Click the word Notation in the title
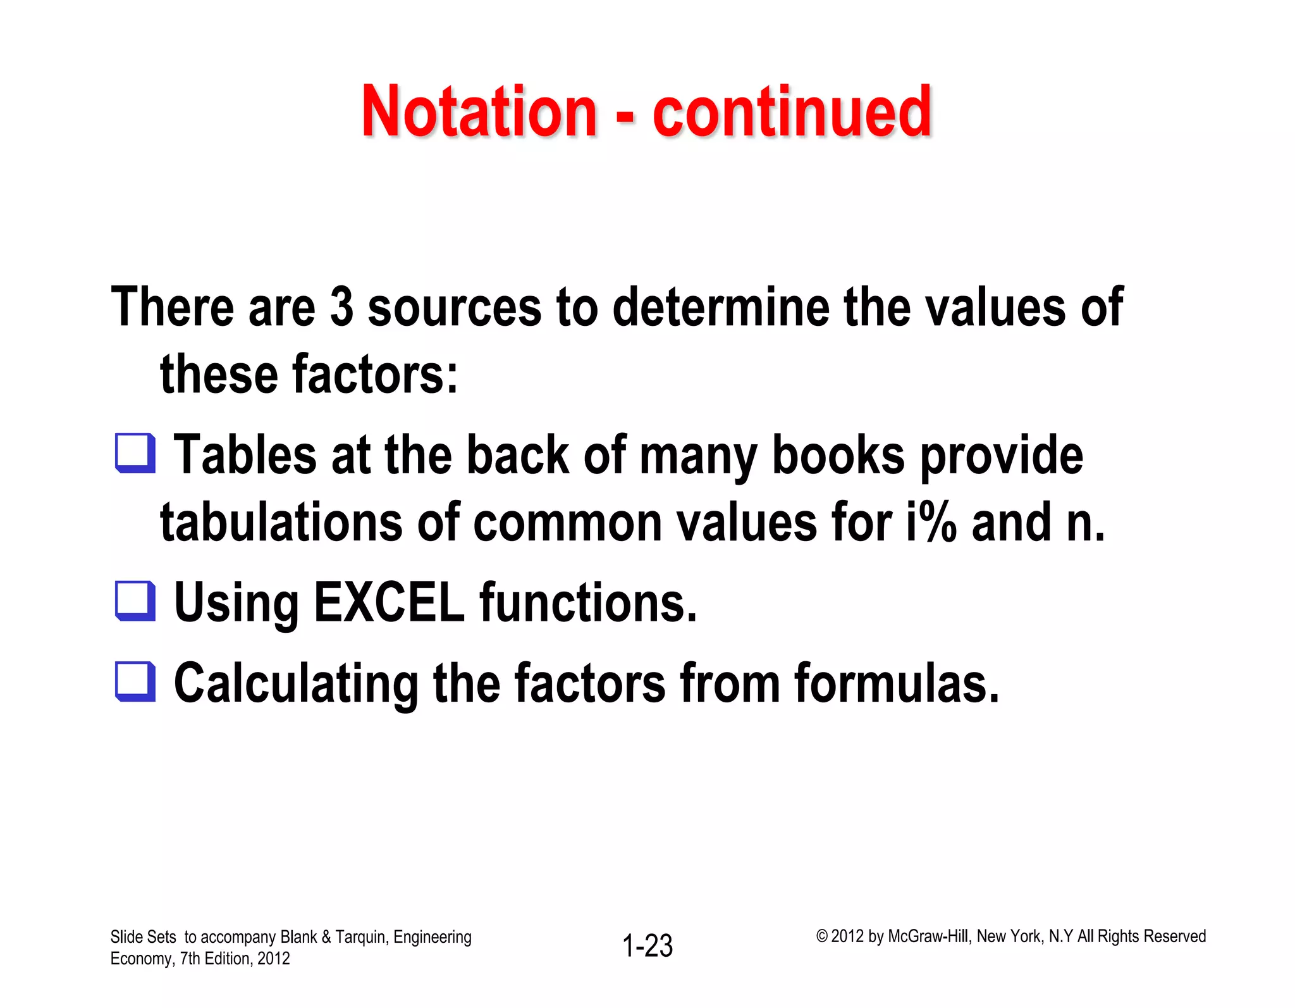[x=479, y=112]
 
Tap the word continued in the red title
[x=792, y=112]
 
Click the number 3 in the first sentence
[x=341, y=307]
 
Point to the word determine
[x=721, y=307]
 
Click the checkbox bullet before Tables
[x=135, y=453]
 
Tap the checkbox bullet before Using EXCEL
[x=135, y=601]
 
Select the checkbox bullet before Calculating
[x=135, y=681]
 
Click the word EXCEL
[x=389, y=602]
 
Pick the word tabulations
[x=281, y=523]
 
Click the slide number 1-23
[x=647, y=946]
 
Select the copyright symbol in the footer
[x=821, y=936]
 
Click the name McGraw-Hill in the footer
[x=928, y=936]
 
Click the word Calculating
[x=296, y=684]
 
